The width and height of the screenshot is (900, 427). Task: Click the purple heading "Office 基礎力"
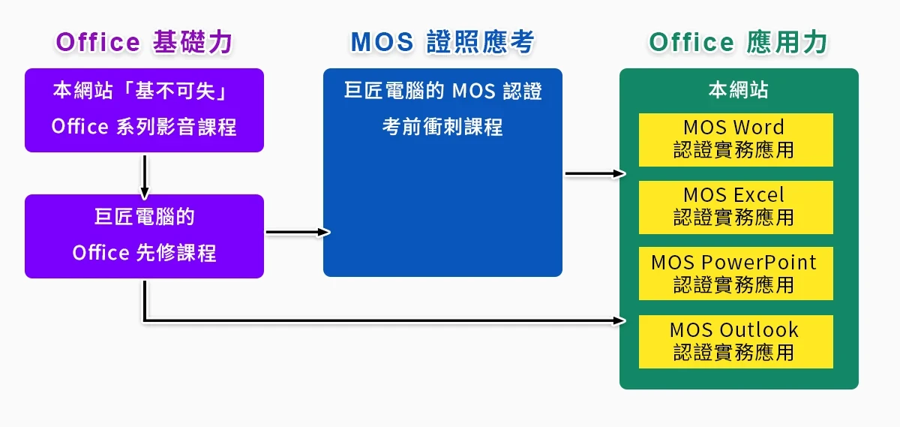pyautogui.click(x=144, y=42)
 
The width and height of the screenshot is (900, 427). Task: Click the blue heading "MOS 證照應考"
pyautogui.click(x=442, y=42)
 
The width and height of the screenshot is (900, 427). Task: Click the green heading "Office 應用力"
pyautogui.click(x=738, y=42)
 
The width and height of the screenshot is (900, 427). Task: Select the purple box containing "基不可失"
pyautogui.click(x=144, y=110)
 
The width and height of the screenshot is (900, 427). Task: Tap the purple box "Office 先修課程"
pyautogui.click(x=144, y=236)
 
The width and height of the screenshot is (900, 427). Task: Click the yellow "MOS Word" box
pyautogui.click(x=736, y=140)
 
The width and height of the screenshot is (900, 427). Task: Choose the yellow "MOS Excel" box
pyautogui.click(x=736, y=207)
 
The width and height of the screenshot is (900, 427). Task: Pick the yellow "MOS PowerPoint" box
pyautogui.click(x=736, y=273)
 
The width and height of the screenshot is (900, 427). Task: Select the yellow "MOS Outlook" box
pyautogui.click(x=736, y=341)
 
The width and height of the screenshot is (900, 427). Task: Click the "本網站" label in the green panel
pyautogui.click(x=738, y=91)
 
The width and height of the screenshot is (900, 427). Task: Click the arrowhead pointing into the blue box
pyautogui.click(x=325, y=232)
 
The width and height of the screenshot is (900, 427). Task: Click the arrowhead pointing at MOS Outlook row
pyautogui.click(x=620, y=321)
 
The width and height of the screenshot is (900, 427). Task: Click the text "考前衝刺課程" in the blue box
pyautogui.click(x=442, y=127)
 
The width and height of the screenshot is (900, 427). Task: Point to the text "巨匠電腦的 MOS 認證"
pyautogui.click(x=442, y=92)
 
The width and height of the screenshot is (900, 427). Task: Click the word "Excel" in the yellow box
pyautogui.click(x=758, y=195)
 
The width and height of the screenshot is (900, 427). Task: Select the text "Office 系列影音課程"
pyautogui.click(x=144, y=127)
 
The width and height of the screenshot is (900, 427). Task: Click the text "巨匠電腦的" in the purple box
pyautogui.click(x=144, y=218)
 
